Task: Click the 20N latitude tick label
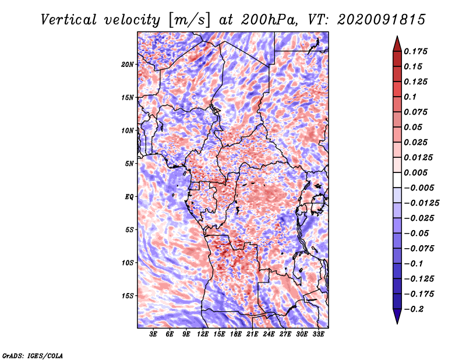(127, 65)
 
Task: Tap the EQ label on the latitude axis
(129, 197)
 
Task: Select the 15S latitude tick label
(127, 296)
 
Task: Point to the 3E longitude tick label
(153, 334)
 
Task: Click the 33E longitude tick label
(318, 334)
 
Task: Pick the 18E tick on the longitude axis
(236, 334)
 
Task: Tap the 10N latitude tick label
(127, 130)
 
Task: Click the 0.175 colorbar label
(415, 51)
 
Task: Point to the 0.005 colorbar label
(415, 172)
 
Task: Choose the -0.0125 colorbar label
(422, 203)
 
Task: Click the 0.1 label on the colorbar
(411, 97)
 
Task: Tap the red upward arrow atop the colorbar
(397, 44)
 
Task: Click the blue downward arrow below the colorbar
(397, 316)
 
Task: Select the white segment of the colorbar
(397, 180)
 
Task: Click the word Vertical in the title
(69, 20)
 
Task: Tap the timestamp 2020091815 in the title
(381, 20)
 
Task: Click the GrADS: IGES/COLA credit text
(33, 355)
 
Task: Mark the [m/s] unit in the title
(189, 20)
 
